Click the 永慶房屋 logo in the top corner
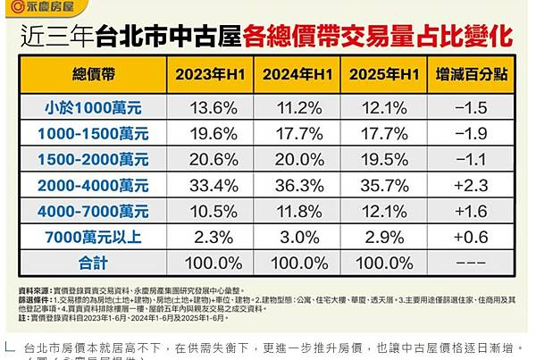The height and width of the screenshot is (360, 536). point(39,8)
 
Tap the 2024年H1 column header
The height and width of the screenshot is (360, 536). point(299,73)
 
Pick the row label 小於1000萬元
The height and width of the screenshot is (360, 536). point(96,107)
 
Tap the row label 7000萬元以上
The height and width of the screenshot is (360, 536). point(96,239)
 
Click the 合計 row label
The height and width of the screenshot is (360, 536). point(96,265)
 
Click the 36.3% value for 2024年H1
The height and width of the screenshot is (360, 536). point(299,186)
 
